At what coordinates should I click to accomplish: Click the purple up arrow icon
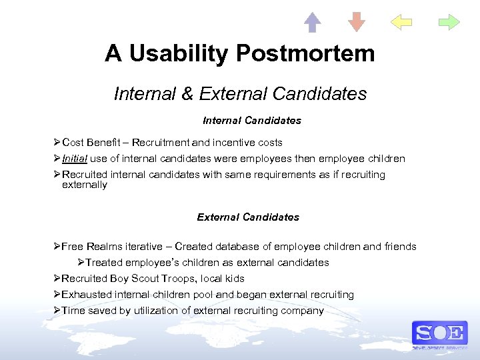click(312, 22)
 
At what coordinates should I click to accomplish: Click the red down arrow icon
click(357, 22)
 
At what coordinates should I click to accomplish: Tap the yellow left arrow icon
click(401, 22)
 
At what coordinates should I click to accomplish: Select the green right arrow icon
click(449, 22)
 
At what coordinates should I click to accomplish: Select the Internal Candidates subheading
click(251, 121)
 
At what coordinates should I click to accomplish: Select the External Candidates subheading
click(248, 217)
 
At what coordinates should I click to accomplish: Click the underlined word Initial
click(75, 159)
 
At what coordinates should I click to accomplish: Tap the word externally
click(84, 185)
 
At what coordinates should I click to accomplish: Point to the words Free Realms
click(88, 247)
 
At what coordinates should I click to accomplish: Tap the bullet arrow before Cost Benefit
click(57, 143)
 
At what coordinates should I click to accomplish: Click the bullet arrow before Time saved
click(57, 311)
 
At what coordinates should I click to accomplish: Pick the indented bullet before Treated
click(81, 263)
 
